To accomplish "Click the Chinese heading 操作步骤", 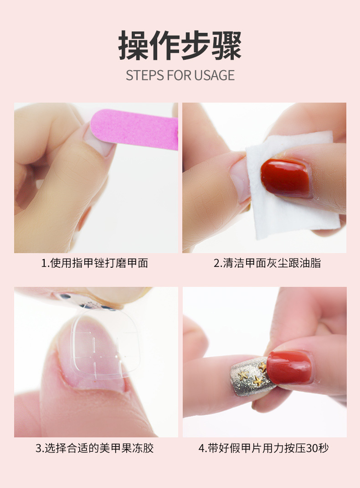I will (180, 46).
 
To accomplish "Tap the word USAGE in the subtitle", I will (214, 75).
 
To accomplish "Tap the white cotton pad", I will (292, 214).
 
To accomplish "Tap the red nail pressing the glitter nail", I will (290, 367).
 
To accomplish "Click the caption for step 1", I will (95, 263).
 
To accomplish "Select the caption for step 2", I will (267, 263).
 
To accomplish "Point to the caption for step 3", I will (95, 448).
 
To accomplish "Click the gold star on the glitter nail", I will (258, 380).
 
